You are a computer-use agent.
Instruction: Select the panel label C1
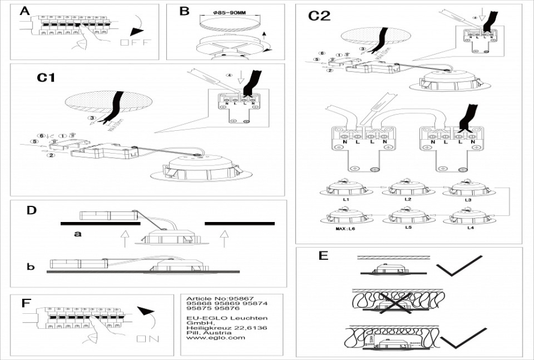point(47,77)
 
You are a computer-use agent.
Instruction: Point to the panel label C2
point(319,16)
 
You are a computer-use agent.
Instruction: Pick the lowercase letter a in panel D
point(77,234)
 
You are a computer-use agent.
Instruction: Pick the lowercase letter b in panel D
point(30,266)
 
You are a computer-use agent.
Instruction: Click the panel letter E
point(323,256)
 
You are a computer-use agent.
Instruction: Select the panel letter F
point(26,303)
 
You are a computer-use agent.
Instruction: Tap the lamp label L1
point(346,199)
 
